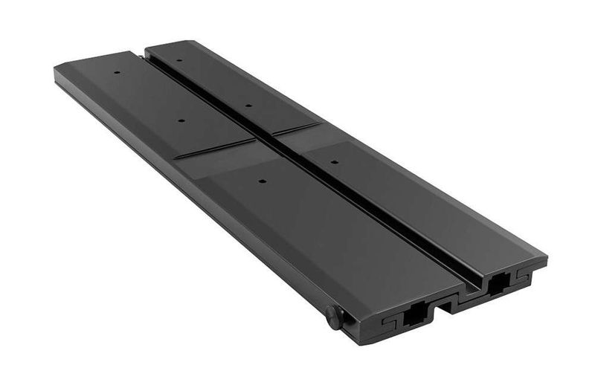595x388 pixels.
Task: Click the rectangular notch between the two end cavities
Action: (448, 305)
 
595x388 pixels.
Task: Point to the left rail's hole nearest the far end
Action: (117, 72)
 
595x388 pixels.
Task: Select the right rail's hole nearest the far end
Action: (179, 60)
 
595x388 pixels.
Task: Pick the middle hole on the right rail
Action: (248, 106)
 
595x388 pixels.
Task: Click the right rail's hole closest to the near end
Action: (334, 161)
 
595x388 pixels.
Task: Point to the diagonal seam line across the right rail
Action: (297, 129)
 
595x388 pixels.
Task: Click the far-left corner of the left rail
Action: (57, 69)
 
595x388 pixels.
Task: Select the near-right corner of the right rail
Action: (547, 260)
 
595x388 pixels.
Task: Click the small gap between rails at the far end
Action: (141, 54)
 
